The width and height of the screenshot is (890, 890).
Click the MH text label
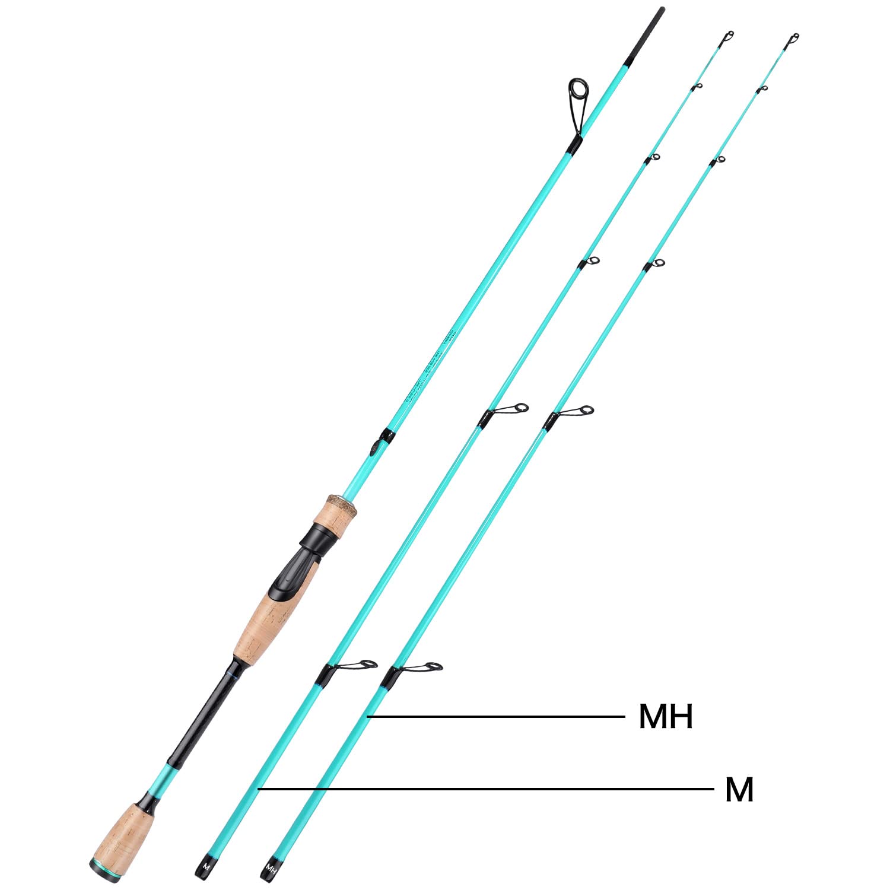[666, 716]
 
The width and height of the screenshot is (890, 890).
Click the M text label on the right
[739, 790]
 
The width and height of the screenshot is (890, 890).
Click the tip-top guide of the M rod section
[728, 36]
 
